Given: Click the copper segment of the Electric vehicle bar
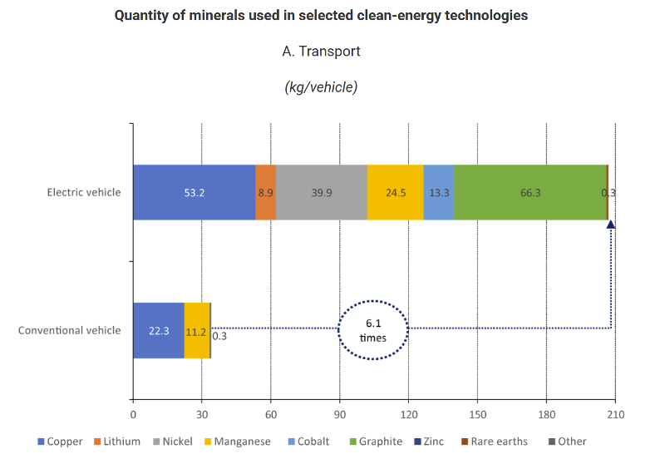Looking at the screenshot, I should pos(194,192).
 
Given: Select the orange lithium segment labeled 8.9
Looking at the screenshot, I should pos(265,192).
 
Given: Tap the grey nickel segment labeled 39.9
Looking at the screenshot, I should pos(321,192).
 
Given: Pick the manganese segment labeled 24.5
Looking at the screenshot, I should pos(395,192).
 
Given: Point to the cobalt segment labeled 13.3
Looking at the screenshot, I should pos(439,192).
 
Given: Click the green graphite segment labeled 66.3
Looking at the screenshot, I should pos(529,192).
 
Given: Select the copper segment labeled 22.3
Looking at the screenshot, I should pos(159,330).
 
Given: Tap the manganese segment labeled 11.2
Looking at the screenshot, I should pos(197,330).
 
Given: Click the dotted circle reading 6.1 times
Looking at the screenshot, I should pos(373,330).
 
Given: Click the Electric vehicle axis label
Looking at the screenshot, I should pos(83,192).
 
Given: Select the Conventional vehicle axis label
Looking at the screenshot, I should pos(69,330).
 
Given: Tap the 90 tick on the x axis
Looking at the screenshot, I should pos(339,413).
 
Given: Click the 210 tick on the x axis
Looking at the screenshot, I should pos(614,413).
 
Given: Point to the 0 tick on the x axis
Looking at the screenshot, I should pos(133,413).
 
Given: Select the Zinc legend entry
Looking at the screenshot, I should pos(431,442).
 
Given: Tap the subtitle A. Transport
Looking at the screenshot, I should pos(321,52).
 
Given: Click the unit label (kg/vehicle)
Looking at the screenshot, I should pos(321,86).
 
